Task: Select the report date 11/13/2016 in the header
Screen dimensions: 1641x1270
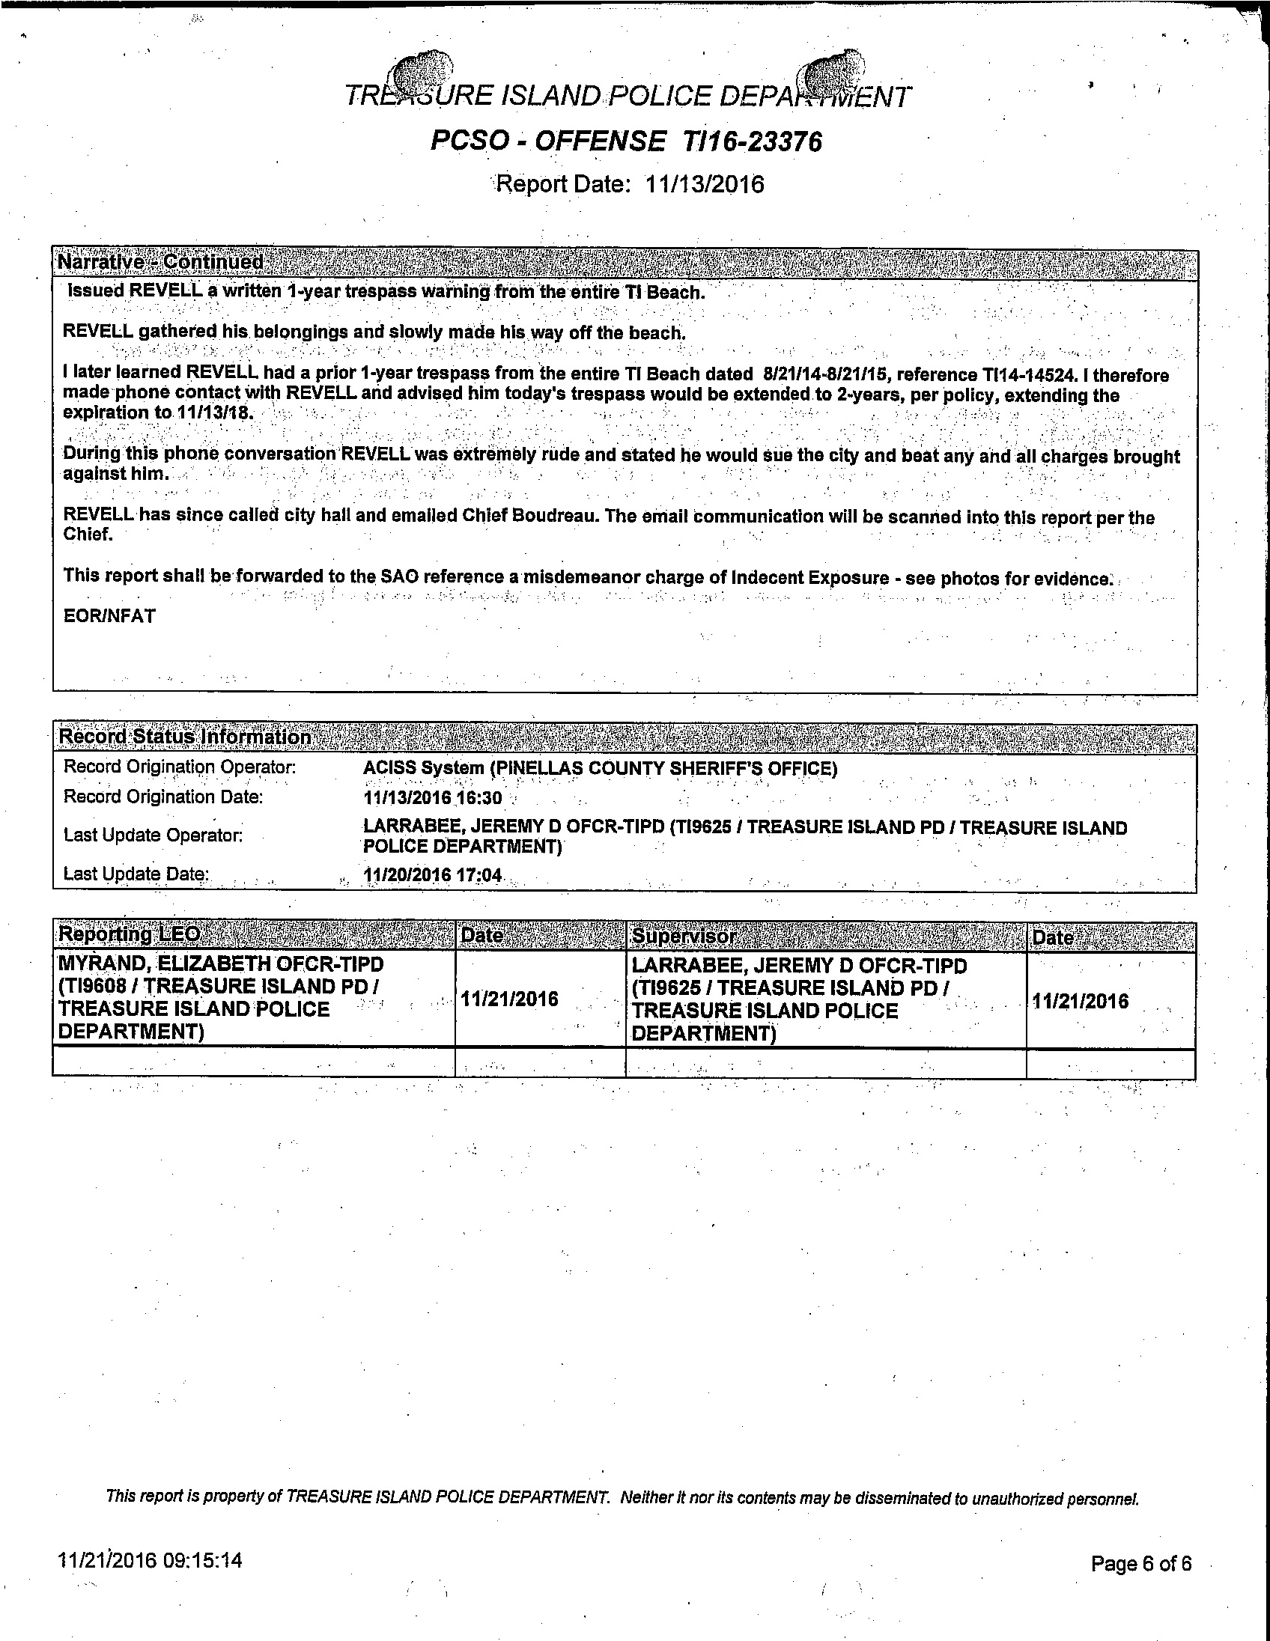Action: [704, 184]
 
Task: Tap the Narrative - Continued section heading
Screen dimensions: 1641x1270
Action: [160, 262]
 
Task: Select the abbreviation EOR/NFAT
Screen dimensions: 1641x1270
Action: [110, 616]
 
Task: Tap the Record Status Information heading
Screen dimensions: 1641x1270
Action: [185, 737]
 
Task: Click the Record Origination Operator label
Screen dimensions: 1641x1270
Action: [180, 767]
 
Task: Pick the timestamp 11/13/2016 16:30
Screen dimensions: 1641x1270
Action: [432, 798]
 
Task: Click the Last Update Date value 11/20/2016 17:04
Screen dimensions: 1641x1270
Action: [432, 875]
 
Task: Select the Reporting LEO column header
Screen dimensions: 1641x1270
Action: [130, 934]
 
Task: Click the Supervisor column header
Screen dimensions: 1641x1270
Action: [683, 937]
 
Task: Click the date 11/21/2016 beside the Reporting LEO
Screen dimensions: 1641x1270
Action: [509, 999]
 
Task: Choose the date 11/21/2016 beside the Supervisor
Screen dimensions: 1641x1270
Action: [1080, 1001]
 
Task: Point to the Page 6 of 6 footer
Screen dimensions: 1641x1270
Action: [1140, 1564]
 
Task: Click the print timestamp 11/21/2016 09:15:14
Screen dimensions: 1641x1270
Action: [151, 1560]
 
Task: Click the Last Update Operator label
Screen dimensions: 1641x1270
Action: [154, 835]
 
